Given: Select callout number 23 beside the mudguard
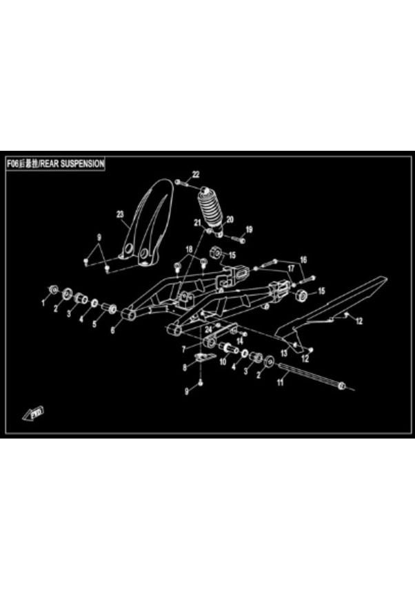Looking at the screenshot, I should pyautogui.click(x=120, y=215).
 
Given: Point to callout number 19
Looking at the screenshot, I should pyautogui.click(x=249, y=229).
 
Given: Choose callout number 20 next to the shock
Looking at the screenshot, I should pyautogui.click(x=230, y=219).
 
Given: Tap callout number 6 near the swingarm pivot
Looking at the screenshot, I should pyautogui.click(x=114, y=330).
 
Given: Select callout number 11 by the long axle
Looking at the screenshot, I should pyautogui.click(x=281, y=383).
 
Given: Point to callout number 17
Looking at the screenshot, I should pyautogui.click(x=291, y=268).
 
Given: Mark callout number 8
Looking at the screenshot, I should pyautogui.click(x=184, y=368).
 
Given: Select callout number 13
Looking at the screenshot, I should pyautogui.click(x=284, y=352).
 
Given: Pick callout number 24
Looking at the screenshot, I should pyautogui.click(x=208, y=329).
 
